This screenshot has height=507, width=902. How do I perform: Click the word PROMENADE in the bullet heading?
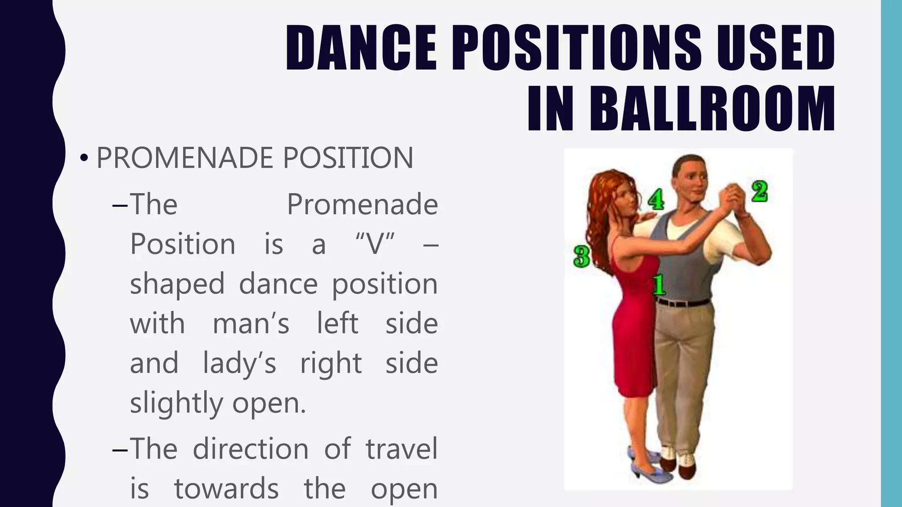click(x=184, y=158)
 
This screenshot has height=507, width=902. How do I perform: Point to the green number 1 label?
click(x=659, y=284)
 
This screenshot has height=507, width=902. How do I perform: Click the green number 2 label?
click(x=759, y=192)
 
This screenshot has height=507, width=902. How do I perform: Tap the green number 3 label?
click(x=581, y=256)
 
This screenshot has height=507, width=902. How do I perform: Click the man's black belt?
click(x=683, y=302)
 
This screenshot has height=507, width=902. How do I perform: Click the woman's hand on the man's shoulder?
click(x=647, y=217)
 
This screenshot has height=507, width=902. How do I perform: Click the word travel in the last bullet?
click(x=401, y=448)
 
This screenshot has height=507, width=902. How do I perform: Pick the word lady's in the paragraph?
click(x=239, y=363)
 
